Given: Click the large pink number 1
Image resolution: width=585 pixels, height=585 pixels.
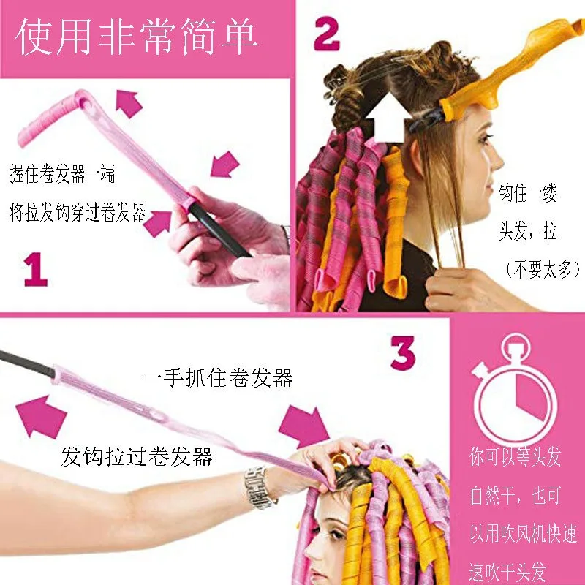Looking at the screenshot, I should [35, 268].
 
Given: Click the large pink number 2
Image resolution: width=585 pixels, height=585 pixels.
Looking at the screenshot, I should [327, 34].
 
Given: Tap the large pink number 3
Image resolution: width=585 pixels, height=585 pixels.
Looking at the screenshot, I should [403, 355].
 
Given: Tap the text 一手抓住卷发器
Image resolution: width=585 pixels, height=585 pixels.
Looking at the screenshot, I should [217, 378].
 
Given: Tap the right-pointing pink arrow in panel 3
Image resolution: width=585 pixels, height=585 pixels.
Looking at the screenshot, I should [303, 425].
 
